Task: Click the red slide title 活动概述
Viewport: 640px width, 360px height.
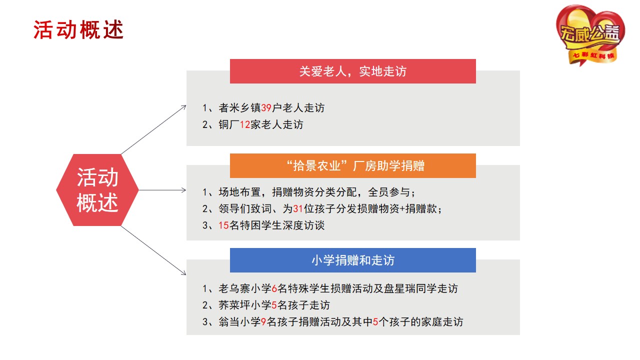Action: tap(78, 29)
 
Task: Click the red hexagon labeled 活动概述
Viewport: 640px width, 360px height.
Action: tap(97, 190)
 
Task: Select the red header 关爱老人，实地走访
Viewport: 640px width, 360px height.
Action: tap(353, 71)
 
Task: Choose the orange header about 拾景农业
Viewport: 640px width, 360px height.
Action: tap(353, 165)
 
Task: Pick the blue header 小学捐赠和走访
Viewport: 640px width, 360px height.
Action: tap(353, 260)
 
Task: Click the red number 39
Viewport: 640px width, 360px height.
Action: tap(266, 108)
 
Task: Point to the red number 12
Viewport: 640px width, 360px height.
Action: tap(245, 124)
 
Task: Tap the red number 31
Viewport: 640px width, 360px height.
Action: tap(298, 209)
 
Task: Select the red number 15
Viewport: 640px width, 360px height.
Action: tap(223, 225)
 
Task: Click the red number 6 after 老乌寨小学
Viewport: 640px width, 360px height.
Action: tap(274, 288)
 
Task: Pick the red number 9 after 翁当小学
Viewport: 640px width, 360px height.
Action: tap(263, 322)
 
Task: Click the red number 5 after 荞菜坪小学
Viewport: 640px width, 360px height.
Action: tap(274, 305)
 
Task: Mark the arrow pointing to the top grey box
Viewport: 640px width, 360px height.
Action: tap(153, 129)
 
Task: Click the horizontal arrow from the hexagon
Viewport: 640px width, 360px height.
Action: tap(162, 190)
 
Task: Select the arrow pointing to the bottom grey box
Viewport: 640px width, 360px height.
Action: tap(153, 250)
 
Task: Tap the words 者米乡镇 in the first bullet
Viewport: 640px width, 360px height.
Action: tap(239, 108)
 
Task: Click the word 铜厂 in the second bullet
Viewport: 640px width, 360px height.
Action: tap(229, 124)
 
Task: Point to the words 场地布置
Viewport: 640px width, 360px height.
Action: tap(239, 192)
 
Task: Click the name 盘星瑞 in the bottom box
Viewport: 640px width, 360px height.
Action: tap(399, 288)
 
